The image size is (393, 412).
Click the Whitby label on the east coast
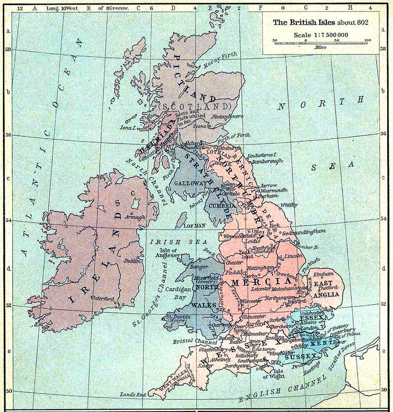(289, 205)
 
